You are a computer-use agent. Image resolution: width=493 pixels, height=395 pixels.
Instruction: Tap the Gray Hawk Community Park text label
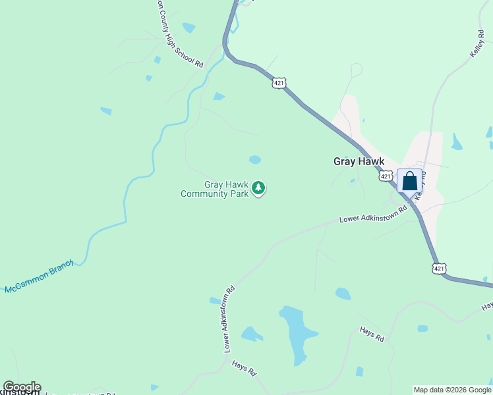click(x=215, y=190)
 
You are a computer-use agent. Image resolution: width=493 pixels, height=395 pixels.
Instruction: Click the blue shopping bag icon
click(x=409, y=181)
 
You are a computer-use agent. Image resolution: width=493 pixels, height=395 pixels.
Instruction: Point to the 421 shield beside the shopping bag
click(x=386, y=176)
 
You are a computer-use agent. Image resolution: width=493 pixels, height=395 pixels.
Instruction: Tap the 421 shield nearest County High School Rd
click(x=279, y=83)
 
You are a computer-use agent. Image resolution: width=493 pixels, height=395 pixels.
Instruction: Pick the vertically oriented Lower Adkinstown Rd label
click(x=229, y=319)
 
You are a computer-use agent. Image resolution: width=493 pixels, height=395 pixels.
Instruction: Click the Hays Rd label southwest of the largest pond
click(x=244, y=367)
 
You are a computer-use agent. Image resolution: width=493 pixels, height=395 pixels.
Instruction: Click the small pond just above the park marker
click(x=254, y=159)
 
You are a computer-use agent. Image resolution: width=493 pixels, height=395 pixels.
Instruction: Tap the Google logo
click(x=22, y=387)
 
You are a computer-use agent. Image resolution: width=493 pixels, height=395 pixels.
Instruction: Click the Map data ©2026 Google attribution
click(x=452, y=390)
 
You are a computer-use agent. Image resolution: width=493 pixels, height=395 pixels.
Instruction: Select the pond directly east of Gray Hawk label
click(x=457, y=142)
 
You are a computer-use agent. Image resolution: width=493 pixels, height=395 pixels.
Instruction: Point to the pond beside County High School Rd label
click(x=189, y=28)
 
